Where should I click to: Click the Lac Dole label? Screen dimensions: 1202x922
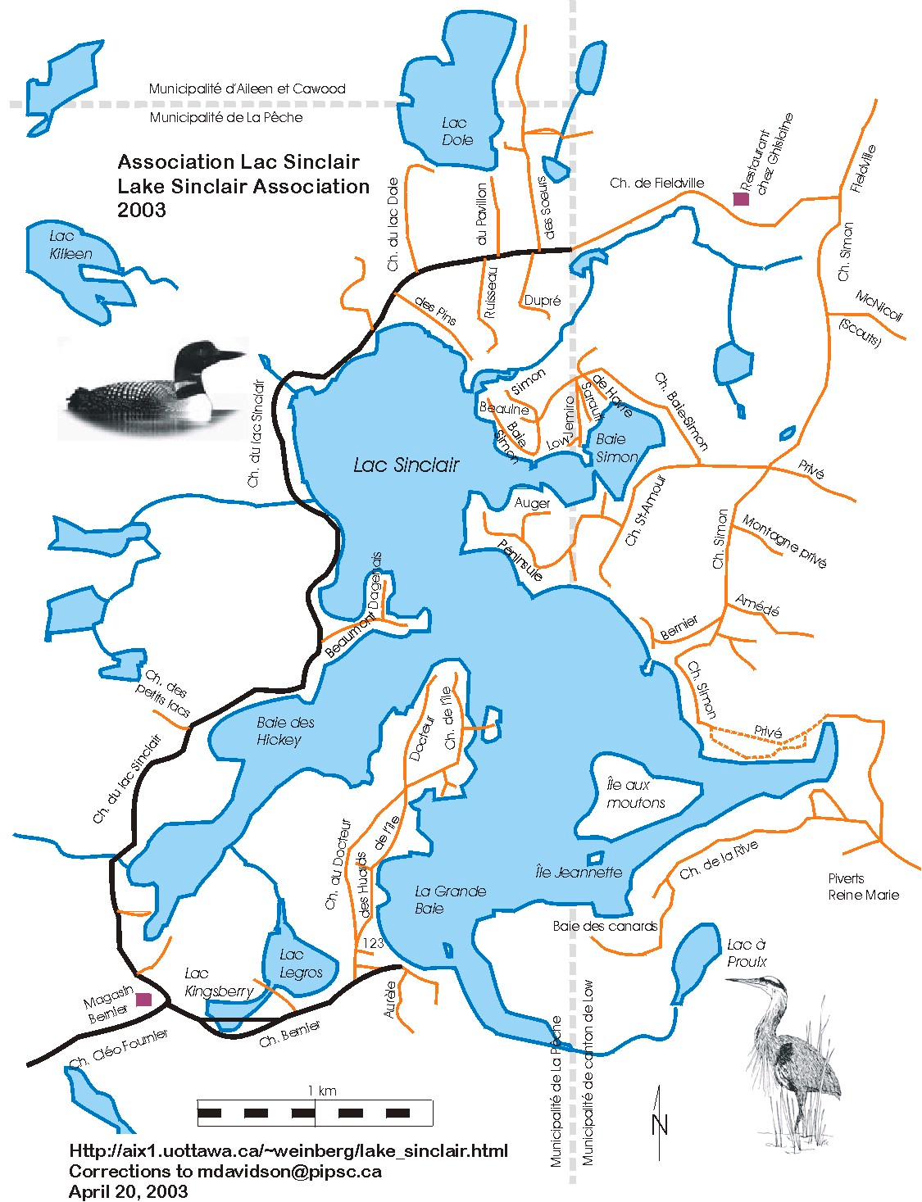[456, 131]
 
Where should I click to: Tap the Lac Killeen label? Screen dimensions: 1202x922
[70, 245]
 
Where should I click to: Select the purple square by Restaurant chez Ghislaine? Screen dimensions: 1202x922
[741, 198]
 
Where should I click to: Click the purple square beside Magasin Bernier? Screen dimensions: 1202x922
[143, 999]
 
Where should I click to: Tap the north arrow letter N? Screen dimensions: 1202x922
[661, 1125]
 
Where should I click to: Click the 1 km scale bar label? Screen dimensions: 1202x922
[322, 1091]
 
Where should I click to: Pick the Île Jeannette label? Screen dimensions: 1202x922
[579, 872]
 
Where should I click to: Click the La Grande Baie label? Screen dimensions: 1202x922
[450, 899]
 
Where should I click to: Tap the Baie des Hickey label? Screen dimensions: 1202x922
[284, 731]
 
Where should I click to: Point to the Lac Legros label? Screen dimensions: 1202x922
[300, 964]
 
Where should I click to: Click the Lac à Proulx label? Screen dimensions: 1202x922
[746, 953]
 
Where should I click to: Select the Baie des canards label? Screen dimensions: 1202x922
[605, 926]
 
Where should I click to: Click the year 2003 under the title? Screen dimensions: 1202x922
[141, 210]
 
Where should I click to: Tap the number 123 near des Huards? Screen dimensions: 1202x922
[373, 943]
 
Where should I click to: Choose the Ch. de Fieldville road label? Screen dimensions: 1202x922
[656, 183]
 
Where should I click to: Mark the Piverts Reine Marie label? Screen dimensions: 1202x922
[862, 887]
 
